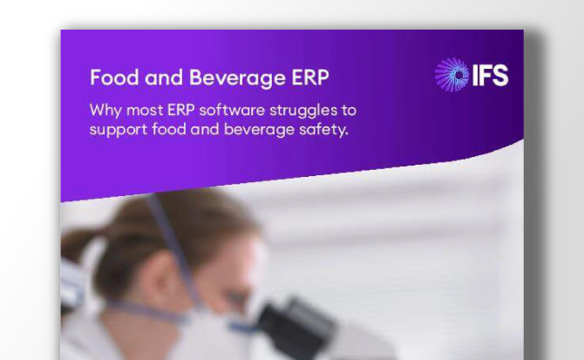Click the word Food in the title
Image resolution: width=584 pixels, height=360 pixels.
point(109,77)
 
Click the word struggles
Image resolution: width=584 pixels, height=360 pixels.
point(306,112)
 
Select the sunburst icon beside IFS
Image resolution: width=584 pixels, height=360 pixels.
point(452,75)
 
